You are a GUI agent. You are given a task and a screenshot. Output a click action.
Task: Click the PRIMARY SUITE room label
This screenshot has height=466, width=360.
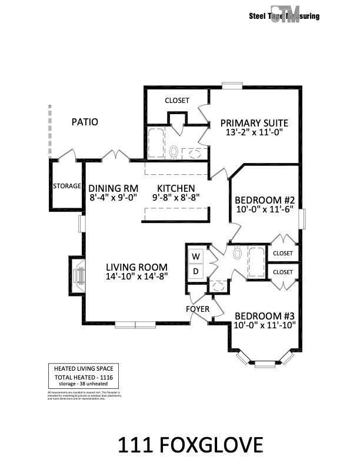(254, 123)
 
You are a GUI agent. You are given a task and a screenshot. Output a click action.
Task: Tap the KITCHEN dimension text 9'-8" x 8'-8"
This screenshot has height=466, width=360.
(176, 198)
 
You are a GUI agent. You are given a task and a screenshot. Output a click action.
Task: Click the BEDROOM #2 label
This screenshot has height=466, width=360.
(265, 200)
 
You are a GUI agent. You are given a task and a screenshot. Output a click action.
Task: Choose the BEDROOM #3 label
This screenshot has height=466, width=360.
(265, 314)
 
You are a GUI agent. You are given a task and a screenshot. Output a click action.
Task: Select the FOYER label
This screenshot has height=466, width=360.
(197, 309)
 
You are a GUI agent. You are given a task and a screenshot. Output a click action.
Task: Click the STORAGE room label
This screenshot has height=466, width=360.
(67, 186)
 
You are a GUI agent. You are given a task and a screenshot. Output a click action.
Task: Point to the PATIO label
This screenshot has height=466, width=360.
(85, 122)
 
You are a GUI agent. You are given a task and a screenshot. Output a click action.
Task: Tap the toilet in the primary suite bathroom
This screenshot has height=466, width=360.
(174, 152)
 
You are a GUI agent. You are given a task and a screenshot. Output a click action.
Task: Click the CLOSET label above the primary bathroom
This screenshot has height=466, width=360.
(177, 101)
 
